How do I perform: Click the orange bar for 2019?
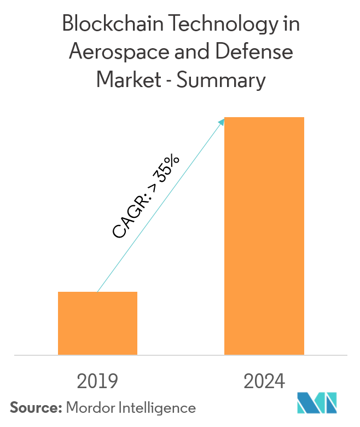click(x=97, y=323)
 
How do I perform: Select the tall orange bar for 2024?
click(x=264, y=235)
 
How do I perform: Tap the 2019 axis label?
click(x=97, y=381)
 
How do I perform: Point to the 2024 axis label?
click(x=264, y=381)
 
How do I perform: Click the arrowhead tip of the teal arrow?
click(x=224, y=119)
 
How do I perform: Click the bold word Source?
click(x=34, y=408)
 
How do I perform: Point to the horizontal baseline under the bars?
click(x=181, y=355)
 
